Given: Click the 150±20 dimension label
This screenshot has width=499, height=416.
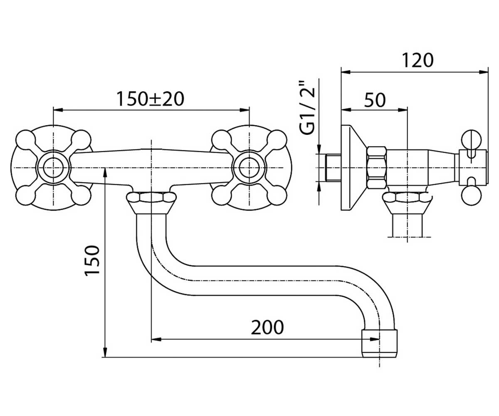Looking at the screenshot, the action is (x=150, y=99).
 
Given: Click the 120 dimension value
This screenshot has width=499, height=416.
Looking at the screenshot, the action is (x=417, y=60).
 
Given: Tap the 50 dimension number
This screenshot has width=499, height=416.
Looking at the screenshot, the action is (x=375, y=100).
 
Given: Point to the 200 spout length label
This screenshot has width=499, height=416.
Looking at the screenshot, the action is (x=267, y=327).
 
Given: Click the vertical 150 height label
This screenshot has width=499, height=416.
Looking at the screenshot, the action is (x=92, y=261).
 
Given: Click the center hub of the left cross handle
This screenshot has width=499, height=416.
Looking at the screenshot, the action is (x=53, y=168).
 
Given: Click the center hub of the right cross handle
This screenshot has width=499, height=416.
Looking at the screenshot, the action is (x=249, y=168).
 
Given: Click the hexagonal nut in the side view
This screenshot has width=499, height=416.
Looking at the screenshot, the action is (x=376, y=168).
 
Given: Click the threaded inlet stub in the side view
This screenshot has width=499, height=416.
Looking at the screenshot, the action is (x=333, y=168).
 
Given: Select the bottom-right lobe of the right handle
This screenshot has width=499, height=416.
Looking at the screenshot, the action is (x=277, y=196).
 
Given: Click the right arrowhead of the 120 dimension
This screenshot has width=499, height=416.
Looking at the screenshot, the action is (x=484, y=72).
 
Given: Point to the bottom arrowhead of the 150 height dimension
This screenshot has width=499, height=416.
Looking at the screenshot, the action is (x=105, y=352).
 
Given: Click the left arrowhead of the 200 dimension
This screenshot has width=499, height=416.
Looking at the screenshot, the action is (x=156, y=339).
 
